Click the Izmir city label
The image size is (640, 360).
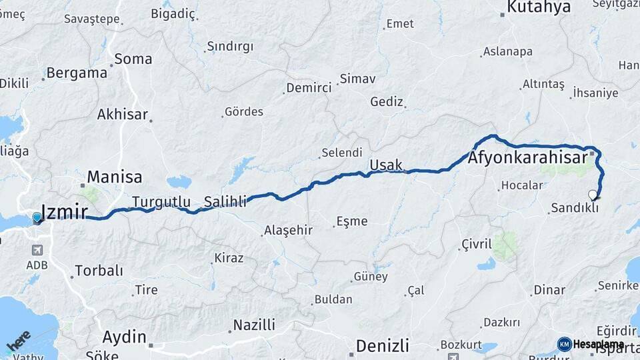click(65, 212)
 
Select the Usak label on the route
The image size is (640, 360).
click(386, 164)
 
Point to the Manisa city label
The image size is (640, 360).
click(115, 177)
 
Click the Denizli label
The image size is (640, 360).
click(382, 346)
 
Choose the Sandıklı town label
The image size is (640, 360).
click(574, 208)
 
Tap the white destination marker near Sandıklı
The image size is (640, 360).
click(593, 195)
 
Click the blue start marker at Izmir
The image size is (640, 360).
click(37, 217)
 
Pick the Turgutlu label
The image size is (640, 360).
click(161, 201)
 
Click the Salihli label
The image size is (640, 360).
click(225, 201)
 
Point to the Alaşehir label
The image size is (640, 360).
click(288, 230)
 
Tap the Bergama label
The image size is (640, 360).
click(77, 73)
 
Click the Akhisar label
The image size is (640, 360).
click(122, 114)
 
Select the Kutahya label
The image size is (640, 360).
click(539, 7)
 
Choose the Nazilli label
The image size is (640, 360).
click(253, 325)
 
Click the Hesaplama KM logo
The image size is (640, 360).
click(591, 344)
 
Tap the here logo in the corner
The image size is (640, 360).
click(18, 343)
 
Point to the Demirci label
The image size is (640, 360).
click(309, 88)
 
